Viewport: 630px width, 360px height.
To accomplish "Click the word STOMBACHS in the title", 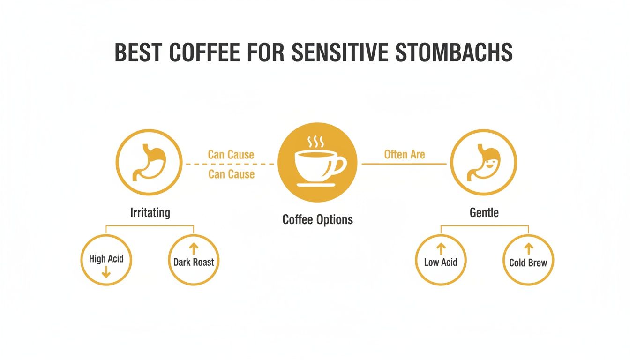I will [x=454, y=53].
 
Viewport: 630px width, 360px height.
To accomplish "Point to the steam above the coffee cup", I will [x=314, y=142].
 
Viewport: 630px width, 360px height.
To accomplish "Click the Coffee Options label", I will [x=317, y=219].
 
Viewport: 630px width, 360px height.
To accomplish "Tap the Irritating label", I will [x=150, y=212].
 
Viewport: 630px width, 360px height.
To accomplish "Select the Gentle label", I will [x=484, y=212].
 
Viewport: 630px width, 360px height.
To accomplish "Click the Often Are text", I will [x=404, y=154].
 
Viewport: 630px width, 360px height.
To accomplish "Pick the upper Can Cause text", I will [x=231, y=155].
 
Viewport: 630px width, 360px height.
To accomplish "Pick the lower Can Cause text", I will [x=231, y=174].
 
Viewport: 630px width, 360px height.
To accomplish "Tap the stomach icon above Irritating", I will [x=149, y=163].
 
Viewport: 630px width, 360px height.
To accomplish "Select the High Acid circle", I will [x=106, y=260].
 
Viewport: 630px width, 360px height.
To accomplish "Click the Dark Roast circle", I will [x=194, y=260].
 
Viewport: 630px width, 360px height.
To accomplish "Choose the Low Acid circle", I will [x=441, y=260].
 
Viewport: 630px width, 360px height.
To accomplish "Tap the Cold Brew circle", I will [x=528, y=260].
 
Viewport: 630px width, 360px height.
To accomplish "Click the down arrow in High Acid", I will [x=106, y=272].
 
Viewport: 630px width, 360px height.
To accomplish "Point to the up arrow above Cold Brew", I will [x=528, y=248].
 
